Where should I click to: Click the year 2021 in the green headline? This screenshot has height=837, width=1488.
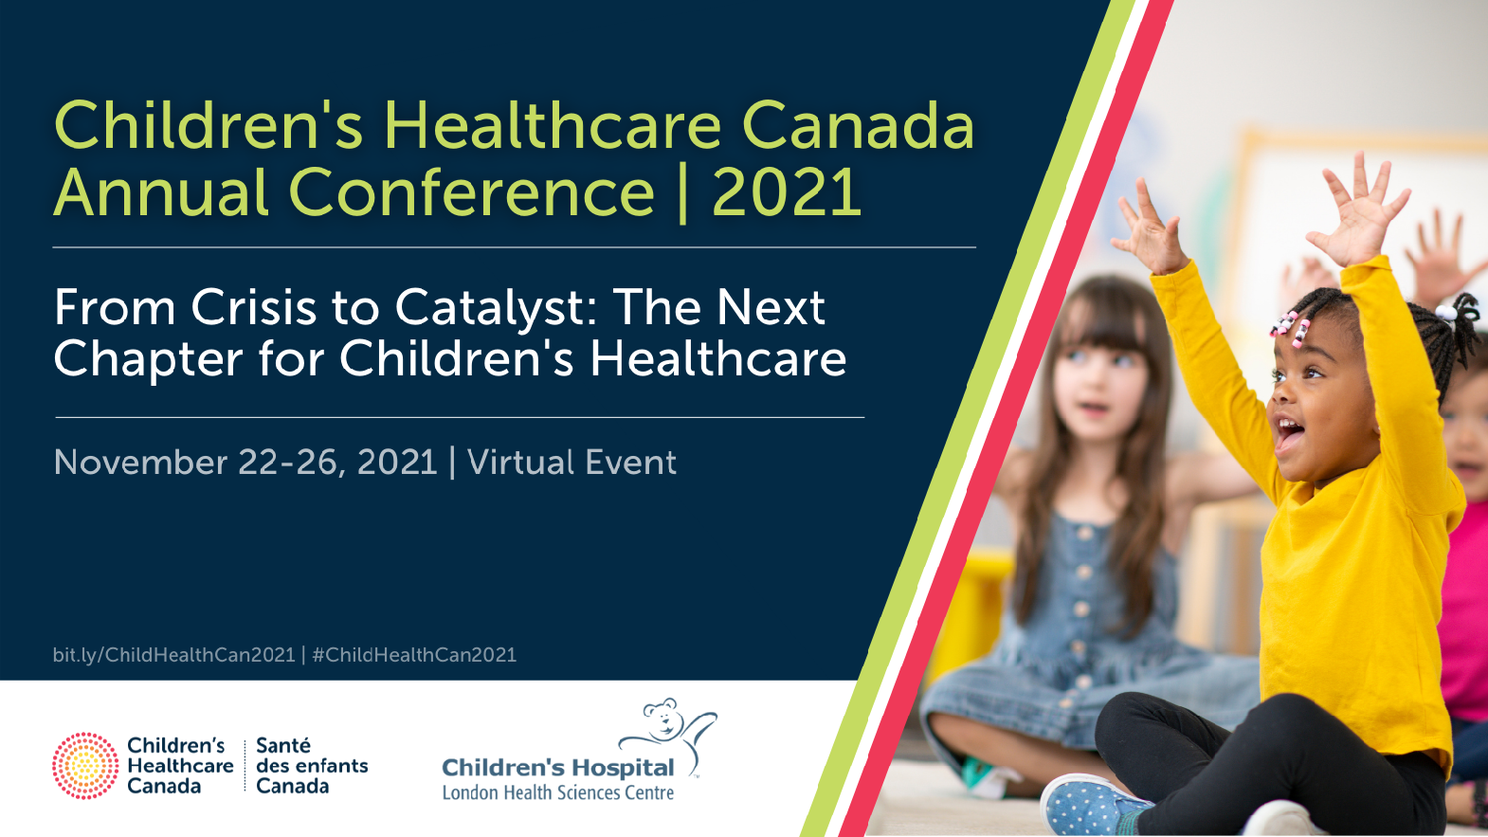point(787,192)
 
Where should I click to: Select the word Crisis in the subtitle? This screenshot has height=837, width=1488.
point(253,307)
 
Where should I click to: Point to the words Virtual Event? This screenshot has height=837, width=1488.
point(572,462)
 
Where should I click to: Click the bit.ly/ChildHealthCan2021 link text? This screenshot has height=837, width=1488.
point(174,655)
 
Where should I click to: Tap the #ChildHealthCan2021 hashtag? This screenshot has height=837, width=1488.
point(414,655)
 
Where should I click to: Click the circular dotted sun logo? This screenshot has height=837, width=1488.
point(85,766)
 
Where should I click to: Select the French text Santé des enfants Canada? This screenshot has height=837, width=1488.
point(312,766)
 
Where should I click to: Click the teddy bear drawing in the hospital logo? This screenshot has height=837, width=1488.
point(666,731)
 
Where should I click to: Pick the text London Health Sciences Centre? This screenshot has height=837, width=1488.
point(558,792)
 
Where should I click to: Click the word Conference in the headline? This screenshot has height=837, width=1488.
point(472,192)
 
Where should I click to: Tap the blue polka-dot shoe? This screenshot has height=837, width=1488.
point(1093,805)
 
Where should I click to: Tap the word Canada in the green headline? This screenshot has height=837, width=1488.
point(859,126)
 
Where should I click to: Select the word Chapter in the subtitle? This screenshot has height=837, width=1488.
point(149,360)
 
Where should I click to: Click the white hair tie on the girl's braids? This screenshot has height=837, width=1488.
point(1446,311)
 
